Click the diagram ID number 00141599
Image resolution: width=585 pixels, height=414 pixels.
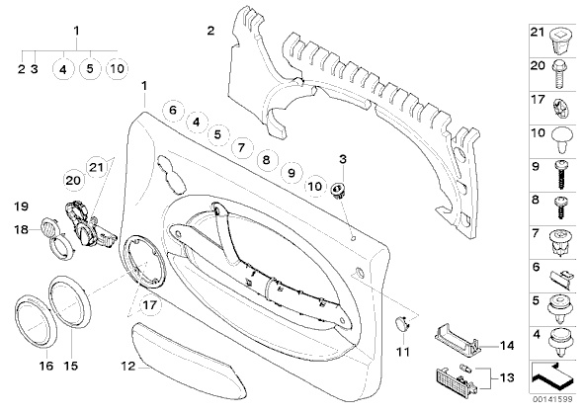coord(551,399)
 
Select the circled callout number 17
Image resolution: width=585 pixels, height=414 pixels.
coord(149,305)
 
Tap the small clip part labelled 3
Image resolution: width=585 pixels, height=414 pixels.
coord(338,190)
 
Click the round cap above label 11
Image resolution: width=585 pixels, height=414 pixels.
coord(402,323)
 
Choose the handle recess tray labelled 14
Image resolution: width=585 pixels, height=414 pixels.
coord(458,339)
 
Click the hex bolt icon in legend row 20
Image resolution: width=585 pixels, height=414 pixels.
coord(559,73)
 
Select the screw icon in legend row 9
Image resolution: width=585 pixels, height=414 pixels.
coord(560,175)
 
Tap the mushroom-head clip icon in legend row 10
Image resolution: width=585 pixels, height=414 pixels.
coord(561,140)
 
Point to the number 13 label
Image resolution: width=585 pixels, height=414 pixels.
coord(506,378)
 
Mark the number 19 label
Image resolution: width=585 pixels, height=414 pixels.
coord(22,206)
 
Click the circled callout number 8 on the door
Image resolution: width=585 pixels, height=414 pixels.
coord(266,160)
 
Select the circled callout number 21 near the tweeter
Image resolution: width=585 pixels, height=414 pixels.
coord(96,167)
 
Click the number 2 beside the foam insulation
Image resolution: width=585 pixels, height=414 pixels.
coord(210,31)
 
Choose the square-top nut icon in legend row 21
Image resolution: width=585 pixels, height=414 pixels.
coord(560,41)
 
